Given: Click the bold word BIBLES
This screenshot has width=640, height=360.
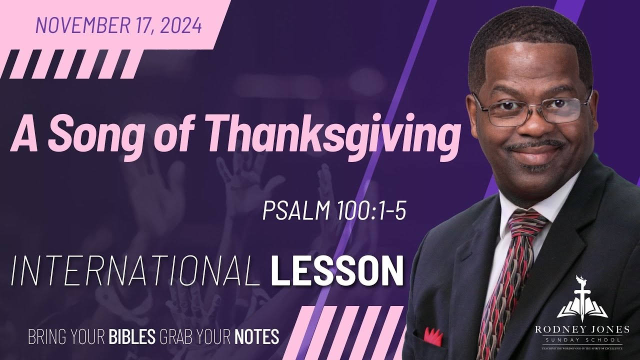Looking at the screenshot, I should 132,336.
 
